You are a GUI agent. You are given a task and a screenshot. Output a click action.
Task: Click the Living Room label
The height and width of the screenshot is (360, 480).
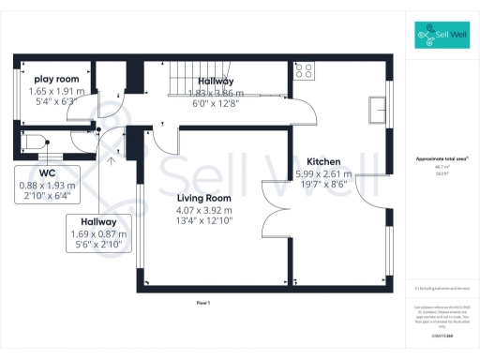point(204,198)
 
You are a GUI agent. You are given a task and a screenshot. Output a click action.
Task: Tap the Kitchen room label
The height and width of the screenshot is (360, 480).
point(323,161)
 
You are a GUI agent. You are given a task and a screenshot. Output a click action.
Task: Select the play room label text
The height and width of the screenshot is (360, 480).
point(55,79)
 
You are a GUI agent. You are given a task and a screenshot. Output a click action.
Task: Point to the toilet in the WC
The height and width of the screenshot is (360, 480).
point(35,142)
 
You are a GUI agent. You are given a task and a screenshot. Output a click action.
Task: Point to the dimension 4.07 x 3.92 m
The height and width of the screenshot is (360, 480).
point(204,210)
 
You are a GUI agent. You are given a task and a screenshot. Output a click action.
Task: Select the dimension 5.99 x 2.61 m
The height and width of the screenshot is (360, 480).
point(323,173)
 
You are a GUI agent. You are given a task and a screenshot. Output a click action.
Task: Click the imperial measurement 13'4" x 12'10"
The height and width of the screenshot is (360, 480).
point(204,222)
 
